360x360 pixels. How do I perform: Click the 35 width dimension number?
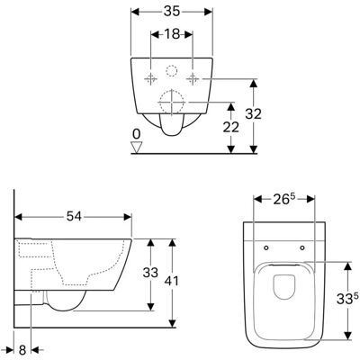172,12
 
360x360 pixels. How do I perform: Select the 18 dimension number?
172,34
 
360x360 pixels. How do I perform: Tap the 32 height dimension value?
254,114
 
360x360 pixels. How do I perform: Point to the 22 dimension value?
230,127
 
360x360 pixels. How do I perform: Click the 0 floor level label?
137,134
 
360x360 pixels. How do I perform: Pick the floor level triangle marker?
137,148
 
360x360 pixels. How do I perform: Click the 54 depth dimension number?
74,216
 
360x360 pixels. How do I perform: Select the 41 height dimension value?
172,281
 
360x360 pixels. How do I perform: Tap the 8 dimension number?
22,350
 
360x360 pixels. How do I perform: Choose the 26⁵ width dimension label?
284,200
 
